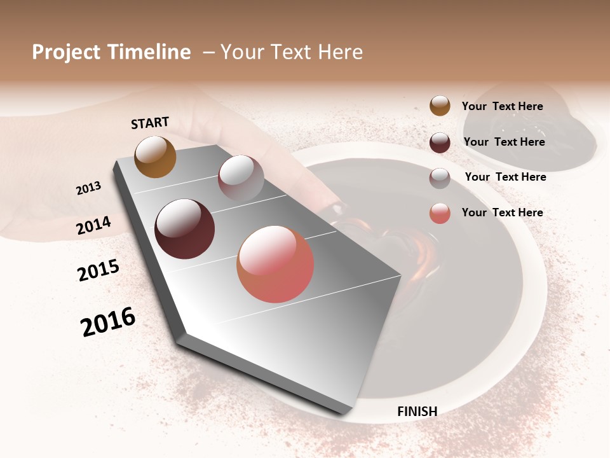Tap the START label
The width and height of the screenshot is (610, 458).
(150, 123)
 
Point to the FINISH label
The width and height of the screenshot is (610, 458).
(417, 412)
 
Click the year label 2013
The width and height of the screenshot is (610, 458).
(88, 188)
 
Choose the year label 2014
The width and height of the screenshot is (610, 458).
(93, 225)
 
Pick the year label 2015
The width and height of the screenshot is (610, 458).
(98, 270)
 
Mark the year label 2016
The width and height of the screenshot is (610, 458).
(108, 321)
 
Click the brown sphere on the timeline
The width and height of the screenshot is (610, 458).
(155, 156)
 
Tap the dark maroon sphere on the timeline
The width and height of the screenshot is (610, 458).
(184, 229)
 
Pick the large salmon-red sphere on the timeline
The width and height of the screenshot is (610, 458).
(275, 264)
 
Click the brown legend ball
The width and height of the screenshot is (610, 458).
(440, 106)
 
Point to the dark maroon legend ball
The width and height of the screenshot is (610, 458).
(440, 142)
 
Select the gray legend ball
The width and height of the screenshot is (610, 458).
(440, 177)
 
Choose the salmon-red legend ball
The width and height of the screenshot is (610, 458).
(440, 213)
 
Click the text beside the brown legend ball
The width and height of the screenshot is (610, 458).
(502, 106)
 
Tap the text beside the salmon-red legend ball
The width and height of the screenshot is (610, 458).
(502, 212)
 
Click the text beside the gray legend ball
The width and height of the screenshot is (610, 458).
(505, 177)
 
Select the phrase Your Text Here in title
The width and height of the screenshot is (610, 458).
(292, 52)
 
